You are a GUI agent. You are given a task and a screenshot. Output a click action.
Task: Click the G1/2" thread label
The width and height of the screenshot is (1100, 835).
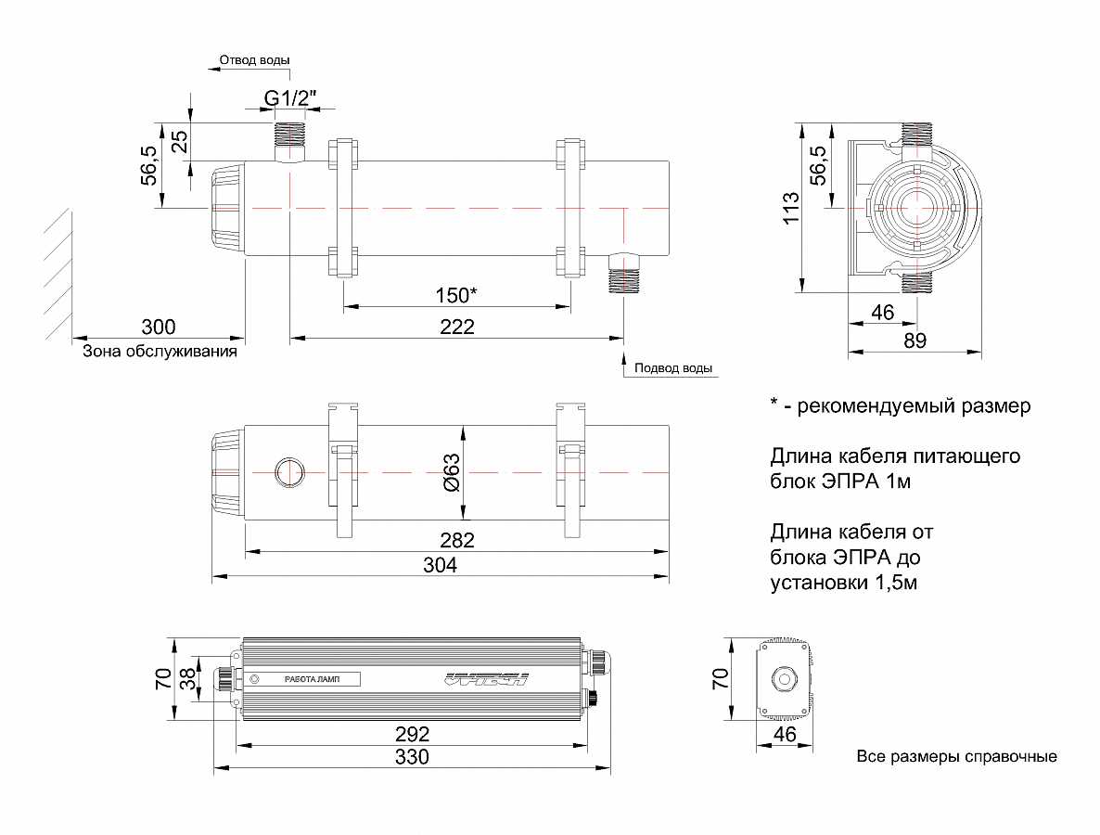pos(291,97)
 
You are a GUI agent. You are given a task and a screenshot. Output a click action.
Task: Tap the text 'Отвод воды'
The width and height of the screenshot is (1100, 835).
pos(254,60)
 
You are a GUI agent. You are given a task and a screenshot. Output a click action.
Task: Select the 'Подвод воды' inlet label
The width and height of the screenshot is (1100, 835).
pos(673,368)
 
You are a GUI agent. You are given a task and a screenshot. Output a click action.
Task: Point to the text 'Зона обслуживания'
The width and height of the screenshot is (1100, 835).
pos(160,352)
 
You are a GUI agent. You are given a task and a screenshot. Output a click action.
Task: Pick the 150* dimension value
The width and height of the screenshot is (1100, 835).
pos(456,296)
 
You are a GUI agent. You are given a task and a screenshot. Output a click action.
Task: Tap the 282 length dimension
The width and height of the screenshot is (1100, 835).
pos(456,540)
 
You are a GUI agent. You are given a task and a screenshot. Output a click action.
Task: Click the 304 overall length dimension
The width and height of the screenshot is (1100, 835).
pos(440,566)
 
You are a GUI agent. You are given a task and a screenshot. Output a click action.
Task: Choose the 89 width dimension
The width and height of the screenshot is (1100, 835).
pos(915,340)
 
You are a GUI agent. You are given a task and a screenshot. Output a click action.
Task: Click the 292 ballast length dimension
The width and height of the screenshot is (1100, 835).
pos(412,733)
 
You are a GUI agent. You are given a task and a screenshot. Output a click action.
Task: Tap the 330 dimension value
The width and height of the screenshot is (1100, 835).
pos(412,757)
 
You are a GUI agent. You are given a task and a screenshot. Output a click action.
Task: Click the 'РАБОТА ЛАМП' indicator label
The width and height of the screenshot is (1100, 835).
pos(312,679)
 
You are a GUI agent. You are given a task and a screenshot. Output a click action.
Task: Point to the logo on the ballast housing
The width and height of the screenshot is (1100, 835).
pos(486,679)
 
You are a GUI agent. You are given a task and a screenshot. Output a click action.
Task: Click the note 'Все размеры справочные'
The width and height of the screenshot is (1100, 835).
pos(956,756)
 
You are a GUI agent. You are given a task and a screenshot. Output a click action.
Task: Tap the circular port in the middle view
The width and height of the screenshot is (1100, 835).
pos(288,473)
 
